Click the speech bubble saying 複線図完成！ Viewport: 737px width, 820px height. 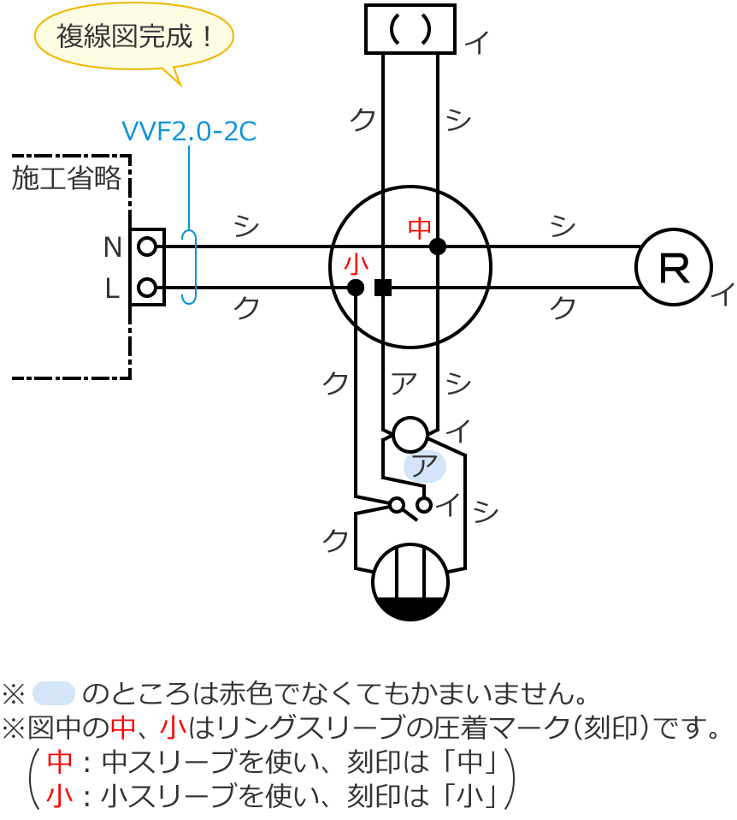pyautogui.click(x=133, y=38)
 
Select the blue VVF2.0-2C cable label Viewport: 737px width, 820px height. pyautogui.click(x=189, y=131)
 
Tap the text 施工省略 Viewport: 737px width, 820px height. pyautogui.click(x=67, y=178)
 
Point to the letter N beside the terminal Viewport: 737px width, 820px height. pyautogui.click(x=112, y=247)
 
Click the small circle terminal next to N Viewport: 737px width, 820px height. pyautogui.click(x=147, y=247)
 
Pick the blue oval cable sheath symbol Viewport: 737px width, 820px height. pyautogui.click(x=190, y=266)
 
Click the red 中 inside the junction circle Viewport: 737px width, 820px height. pyautogui.click(x=420, y=228)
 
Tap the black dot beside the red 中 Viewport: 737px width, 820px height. pyautogui.click(x=439, y=247)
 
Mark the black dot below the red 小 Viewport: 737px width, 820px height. pyautogui.click(x=356, y=288)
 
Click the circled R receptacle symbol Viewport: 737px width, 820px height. pyautogui.click(x=675, y=268)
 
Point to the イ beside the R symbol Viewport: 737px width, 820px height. pyautogui.click(x=722, y=296)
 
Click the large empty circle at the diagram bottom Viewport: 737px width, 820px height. pyautogui.click(x=410, y=582)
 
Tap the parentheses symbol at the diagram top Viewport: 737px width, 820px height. pyautogui.click(x=410, y=29)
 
